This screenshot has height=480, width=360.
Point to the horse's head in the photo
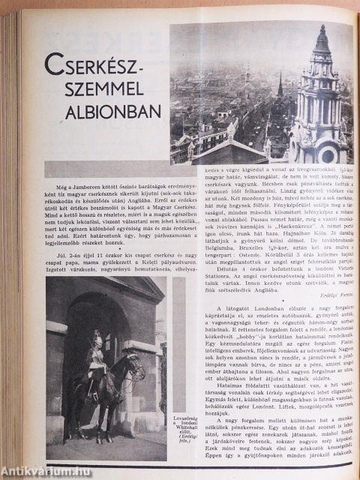pos(133,365)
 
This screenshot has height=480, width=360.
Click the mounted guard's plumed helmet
pos(97,337)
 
